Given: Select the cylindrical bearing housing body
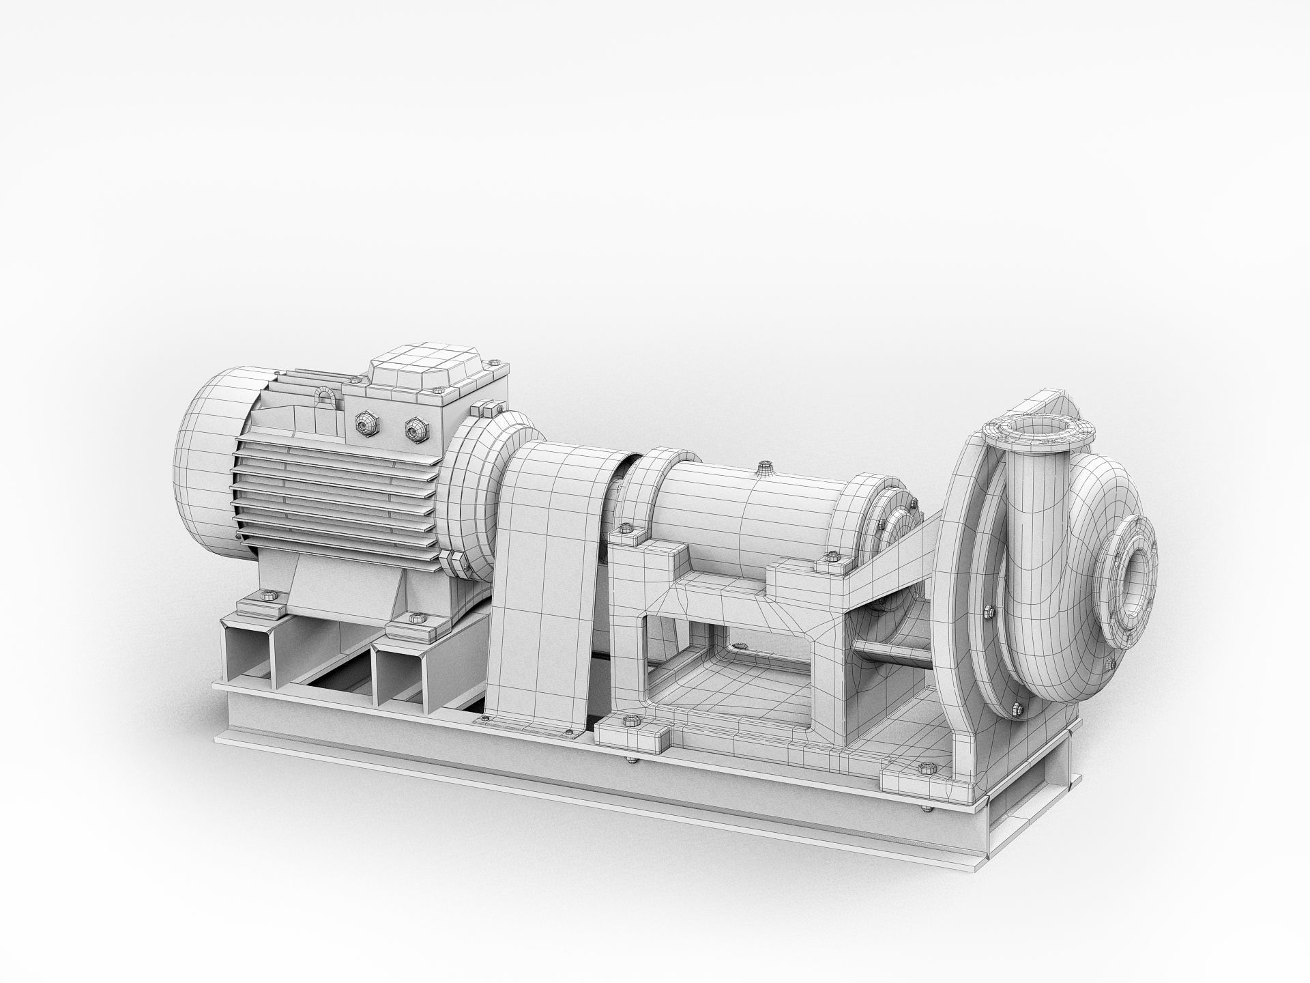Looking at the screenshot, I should [x=751, y=505].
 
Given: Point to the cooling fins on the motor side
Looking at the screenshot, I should [x=334, y=498].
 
